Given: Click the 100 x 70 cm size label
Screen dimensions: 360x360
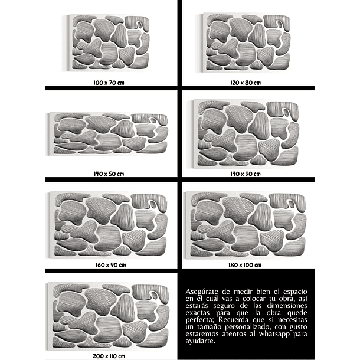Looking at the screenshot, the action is click(x=109, y=83).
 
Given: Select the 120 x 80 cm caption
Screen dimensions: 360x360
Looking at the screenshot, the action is click(x=246, y=83).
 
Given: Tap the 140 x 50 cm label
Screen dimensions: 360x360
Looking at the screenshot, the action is click(x=109, y=174).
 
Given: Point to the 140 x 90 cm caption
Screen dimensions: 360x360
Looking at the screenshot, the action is click(x=246, y=174).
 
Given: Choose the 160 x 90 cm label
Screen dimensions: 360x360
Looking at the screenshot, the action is click(x=111, y=265).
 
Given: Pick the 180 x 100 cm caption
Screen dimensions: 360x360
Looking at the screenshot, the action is click(x=245, y=265).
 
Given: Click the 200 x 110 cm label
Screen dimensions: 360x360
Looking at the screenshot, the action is click(x=109, y=356).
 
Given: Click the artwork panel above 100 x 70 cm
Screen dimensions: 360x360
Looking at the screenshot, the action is click(x=109, y=42).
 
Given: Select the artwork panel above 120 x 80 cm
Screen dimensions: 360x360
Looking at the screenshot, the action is click(x=246, y=42).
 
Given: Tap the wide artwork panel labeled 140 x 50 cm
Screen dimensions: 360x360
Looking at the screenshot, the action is click(x=109, y=133).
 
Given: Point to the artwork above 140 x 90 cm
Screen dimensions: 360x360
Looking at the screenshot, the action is click(x=246, y=133).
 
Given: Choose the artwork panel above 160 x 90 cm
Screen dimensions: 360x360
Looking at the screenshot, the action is click(x=109, y=224).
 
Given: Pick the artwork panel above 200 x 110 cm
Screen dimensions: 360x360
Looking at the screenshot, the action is click(x=109, y=316).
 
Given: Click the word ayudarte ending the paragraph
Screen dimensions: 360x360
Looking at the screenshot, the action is click(x=201, y=341).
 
